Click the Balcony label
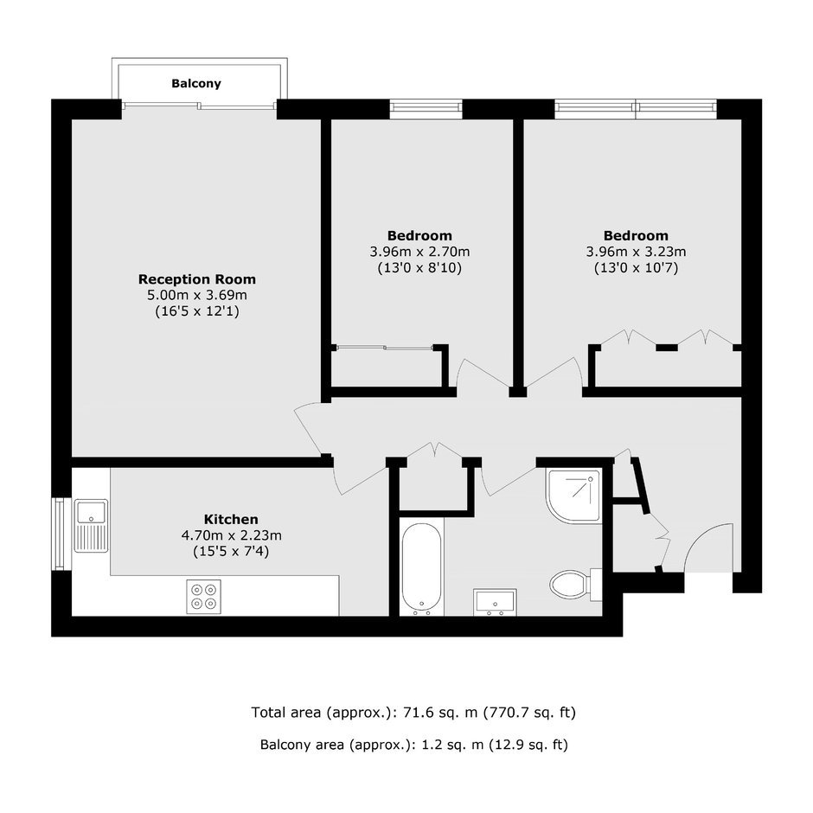[196, 84]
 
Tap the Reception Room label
[197, 279]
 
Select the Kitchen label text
[231, 519]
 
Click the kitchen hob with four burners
[204, 596]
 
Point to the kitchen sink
[92, 526]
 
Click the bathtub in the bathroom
[421, 568]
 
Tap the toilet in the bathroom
[575, 585]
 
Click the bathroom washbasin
[496, 602]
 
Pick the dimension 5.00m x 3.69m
[197, 296]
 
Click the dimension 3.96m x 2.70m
[419, 252]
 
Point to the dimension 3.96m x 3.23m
[636, 252]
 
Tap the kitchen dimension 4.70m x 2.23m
[231, 535]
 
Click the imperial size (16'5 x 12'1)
[197, 311]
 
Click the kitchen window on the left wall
[57, 534]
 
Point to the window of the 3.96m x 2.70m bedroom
[426, 106]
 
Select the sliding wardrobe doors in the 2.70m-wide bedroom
[384, 348]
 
